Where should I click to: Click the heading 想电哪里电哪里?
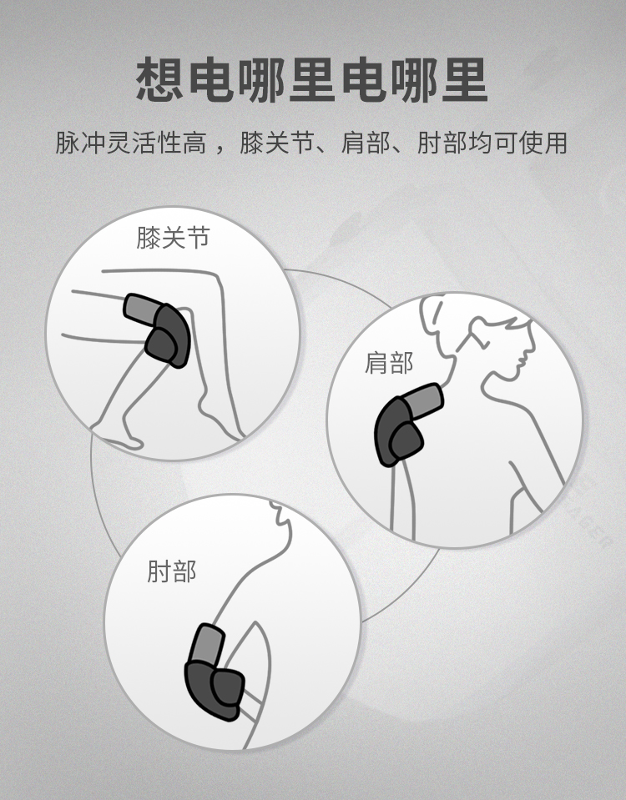[312, 79]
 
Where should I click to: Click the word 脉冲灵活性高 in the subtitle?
[131, 143]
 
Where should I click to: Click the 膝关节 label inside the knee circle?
[173, 238]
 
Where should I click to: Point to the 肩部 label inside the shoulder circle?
[389, 363]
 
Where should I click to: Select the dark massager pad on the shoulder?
[397, 431]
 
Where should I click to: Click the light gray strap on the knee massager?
[140, 309]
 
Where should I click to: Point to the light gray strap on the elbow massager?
[207, 644]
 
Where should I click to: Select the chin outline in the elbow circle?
[284, 521]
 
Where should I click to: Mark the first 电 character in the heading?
[211, 79]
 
